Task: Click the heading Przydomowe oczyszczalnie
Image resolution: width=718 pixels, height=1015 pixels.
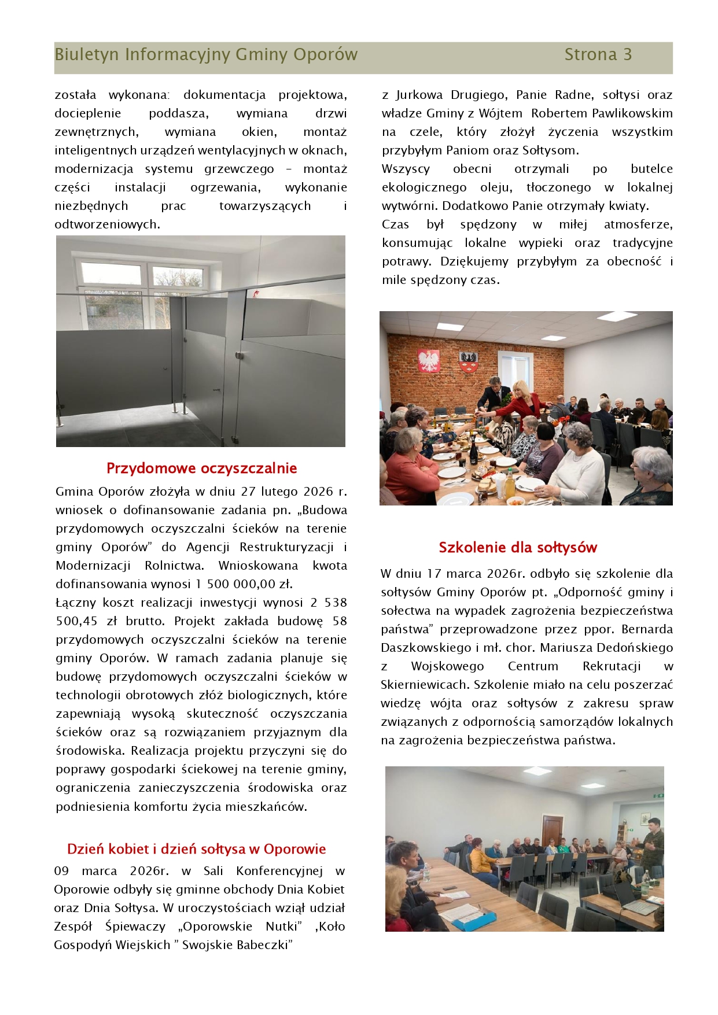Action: [201, 468]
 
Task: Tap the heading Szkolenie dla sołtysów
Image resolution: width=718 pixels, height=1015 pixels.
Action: [517, 547]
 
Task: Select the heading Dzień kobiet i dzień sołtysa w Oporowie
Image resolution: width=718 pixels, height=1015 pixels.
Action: [196, 849]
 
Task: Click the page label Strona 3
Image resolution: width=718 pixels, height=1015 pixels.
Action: [598, 55]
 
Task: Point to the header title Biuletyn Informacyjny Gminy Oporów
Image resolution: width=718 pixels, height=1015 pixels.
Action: [206, 55]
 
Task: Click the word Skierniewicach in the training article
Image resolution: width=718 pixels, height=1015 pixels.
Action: [425, 685]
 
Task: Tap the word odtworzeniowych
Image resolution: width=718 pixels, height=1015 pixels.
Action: [107, 224]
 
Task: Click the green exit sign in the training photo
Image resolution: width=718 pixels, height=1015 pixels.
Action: [658, 796]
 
